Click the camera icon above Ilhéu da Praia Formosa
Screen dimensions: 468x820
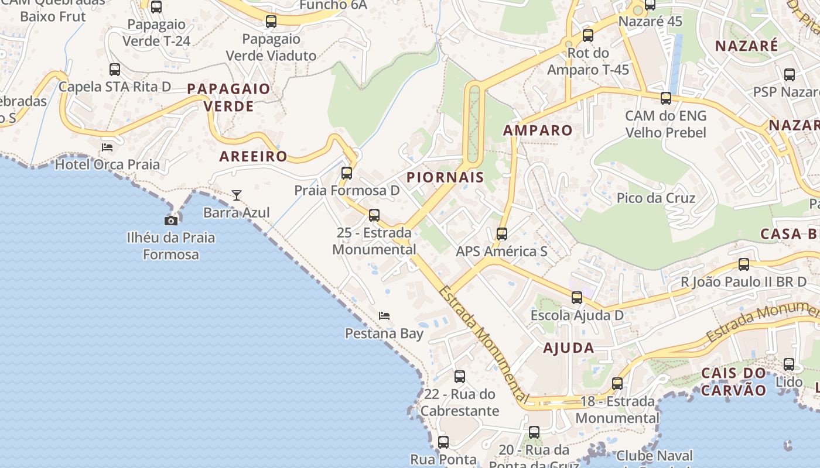click(x=171, y=221)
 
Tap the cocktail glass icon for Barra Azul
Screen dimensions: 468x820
click(x=236, y=195)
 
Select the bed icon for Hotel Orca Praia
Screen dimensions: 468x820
click(x=107, y=147)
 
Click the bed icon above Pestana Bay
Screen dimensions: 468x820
click(x=384, y=316)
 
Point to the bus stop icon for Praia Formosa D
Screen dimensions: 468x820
click(x=347, y=173)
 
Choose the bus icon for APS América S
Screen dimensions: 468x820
click(x=502, y=234)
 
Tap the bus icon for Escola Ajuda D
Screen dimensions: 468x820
click(x=577, y=298)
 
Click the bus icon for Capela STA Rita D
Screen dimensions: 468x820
click(x=115, y=70)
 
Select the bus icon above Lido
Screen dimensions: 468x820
click(x=789, y=364)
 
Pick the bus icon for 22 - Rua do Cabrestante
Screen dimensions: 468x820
click(x=460, y=376)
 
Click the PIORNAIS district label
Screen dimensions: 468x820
click(x=445, y=177)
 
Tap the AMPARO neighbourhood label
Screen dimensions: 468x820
click(x=538, y=130)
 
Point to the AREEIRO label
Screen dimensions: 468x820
click(x=253, y=156)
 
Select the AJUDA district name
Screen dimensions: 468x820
click(x=568, y=348)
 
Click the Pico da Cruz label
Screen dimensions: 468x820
click(x=656, y=198)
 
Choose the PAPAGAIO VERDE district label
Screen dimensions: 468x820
click(x=228, y=97)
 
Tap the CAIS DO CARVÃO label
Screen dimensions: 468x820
click(x=733, y=381)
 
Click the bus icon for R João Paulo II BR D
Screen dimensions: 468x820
click(x=744, y=264)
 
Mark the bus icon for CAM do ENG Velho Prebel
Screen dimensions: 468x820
click(x=666, y=98)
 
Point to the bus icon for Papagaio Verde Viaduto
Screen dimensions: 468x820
click(x=271, y=22)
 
